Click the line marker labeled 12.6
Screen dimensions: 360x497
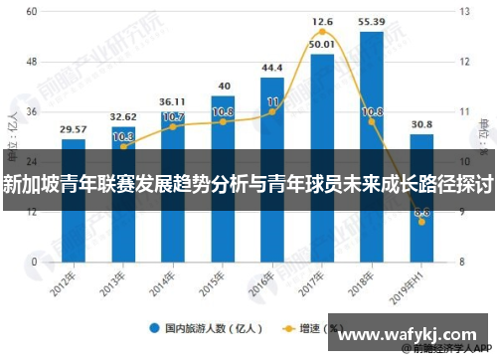[x=322, y=32]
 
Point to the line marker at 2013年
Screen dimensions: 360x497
[x=123, y=146]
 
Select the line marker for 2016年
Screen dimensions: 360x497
[x=272, y=111]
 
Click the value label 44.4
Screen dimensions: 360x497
[x=272, y=68]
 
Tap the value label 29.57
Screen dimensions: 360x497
[x=73, y=129]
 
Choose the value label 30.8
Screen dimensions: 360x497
[x=421, y=124]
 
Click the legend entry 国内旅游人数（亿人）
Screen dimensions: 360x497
[x=209, y=327]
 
